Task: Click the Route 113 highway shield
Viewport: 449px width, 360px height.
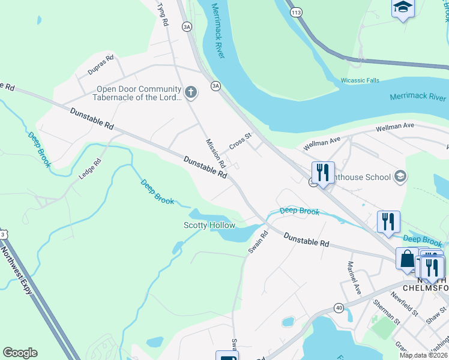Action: click(x=295, y=12)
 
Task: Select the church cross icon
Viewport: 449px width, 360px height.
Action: click(x=191, y=92)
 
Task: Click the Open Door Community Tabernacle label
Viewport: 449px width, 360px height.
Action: click(x=138, y=93)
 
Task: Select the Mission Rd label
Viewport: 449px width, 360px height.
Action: click(x=215, y=154)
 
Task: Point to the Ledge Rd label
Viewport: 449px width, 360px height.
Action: click(x=90, y=169)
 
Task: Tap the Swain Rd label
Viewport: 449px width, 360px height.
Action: click(x=258, y=241)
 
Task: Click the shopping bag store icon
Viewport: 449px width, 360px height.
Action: click(x=407, y=259)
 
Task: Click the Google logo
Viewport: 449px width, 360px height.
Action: click(x=20, y=353)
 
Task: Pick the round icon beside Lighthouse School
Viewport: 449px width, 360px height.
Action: click(x=400, y=177)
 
